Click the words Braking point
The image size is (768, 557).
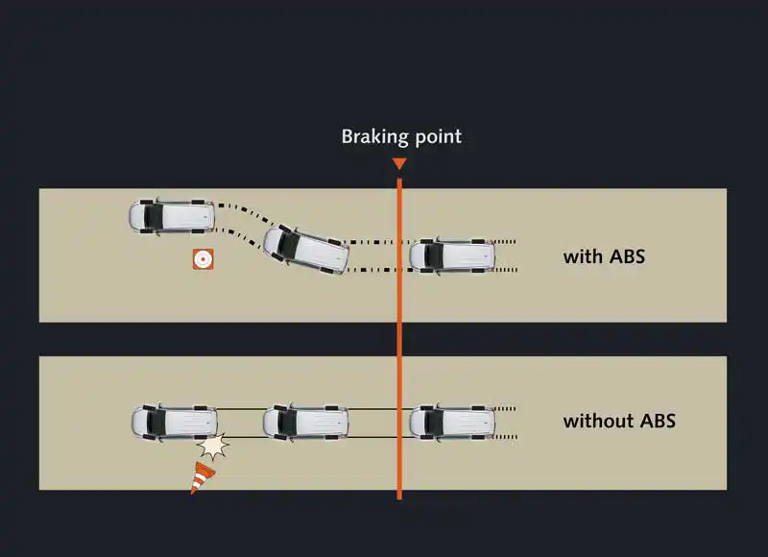click(x=401, y=136)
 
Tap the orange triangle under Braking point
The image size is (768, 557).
click(x=399, y=164)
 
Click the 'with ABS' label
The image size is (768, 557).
click(x=604, y=256)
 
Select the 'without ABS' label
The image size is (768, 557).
click(x=619, y=421)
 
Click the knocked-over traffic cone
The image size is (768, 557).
click(x=203, y=477)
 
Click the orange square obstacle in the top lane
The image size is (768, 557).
click(x=203, y=259)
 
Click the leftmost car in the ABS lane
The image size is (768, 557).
click(x=171, y=216)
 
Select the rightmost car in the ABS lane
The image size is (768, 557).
click(x=452, y=255)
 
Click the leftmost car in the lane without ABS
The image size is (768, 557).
click(x=174, y=421)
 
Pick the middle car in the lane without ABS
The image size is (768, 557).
click(x=306, y=421)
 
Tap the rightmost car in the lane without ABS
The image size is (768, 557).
click(x=452, y=421)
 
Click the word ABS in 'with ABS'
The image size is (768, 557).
click(x=625, y=256)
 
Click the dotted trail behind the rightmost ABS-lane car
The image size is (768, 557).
click(x=507, y=255)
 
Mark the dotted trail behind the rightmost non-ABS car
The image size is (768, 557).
click(x=507, y=421)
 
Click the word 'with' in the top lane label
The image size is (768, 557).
click(x=583, y=256)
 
